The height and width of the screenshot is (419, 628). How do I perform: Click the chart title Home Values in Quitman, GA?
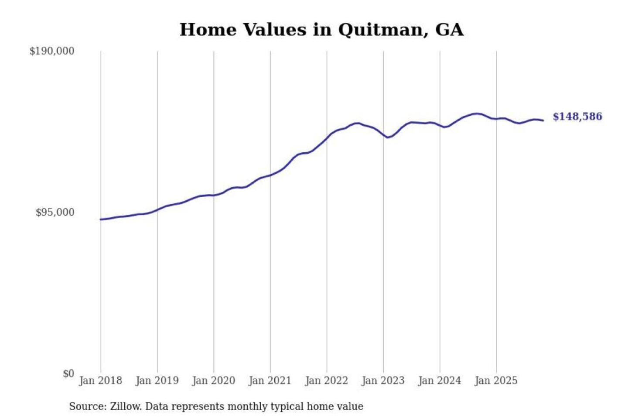pyautogui.click(x=321, y=30)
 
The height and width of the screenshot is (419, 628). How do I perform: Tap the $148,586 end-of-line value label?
pyautogui.click(x=577, y=117)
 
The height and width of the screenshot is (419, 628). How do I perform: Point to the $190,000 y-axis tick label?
pyautogui.click(x=52, y=51)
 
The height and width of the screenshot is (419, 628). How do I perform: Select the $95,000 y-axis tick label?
pyautogui.click(x=55, y=213)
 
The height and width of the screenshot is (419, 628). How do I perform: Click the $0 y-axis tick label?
pyautogui.click(x=68, y=374)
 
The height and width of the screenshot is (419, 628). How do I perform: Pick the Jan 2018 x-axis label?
pyautogui.click(x=101, y=381)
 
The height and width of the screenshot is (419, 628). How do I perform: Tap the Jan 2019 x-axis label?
pyautogui.click(x=157, y=381)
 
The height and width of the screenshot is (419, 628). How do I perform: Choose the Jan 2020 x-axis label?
pyautogui.click(x=214, y=381)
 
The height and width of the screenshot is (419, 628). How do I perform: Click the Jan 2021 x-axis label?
pyautogui.click(x=270, y=381)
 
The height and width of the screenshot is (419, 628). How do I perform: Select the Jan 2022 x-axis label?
pyautogui.click(x=327, y=381)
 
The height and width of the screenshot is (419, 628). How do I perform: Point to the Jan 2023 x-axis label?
pyautogui.click(x=383, y=381)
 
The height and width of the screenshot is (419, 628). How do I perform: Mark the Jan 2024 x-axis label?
pyautogui.click(x=440, y=381)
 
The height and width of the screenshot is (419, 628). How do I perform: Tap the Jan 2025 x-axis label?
pyautogui.click(x=496, y=381)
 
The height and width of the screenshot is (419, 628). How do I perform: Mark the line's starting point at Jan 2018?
pyautogui.click(x=101, y=219)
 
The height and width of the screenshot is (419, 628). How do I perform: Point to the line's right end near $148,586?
pyautogui.click(x=543, y=120)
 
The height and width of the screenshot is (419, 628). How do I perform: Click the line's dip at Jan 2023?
pyautogui.click(x=387, y=137)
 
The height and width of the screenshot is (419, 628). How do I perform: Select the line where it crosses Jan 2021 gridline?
pyautogui.click(x=270, y=175)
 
